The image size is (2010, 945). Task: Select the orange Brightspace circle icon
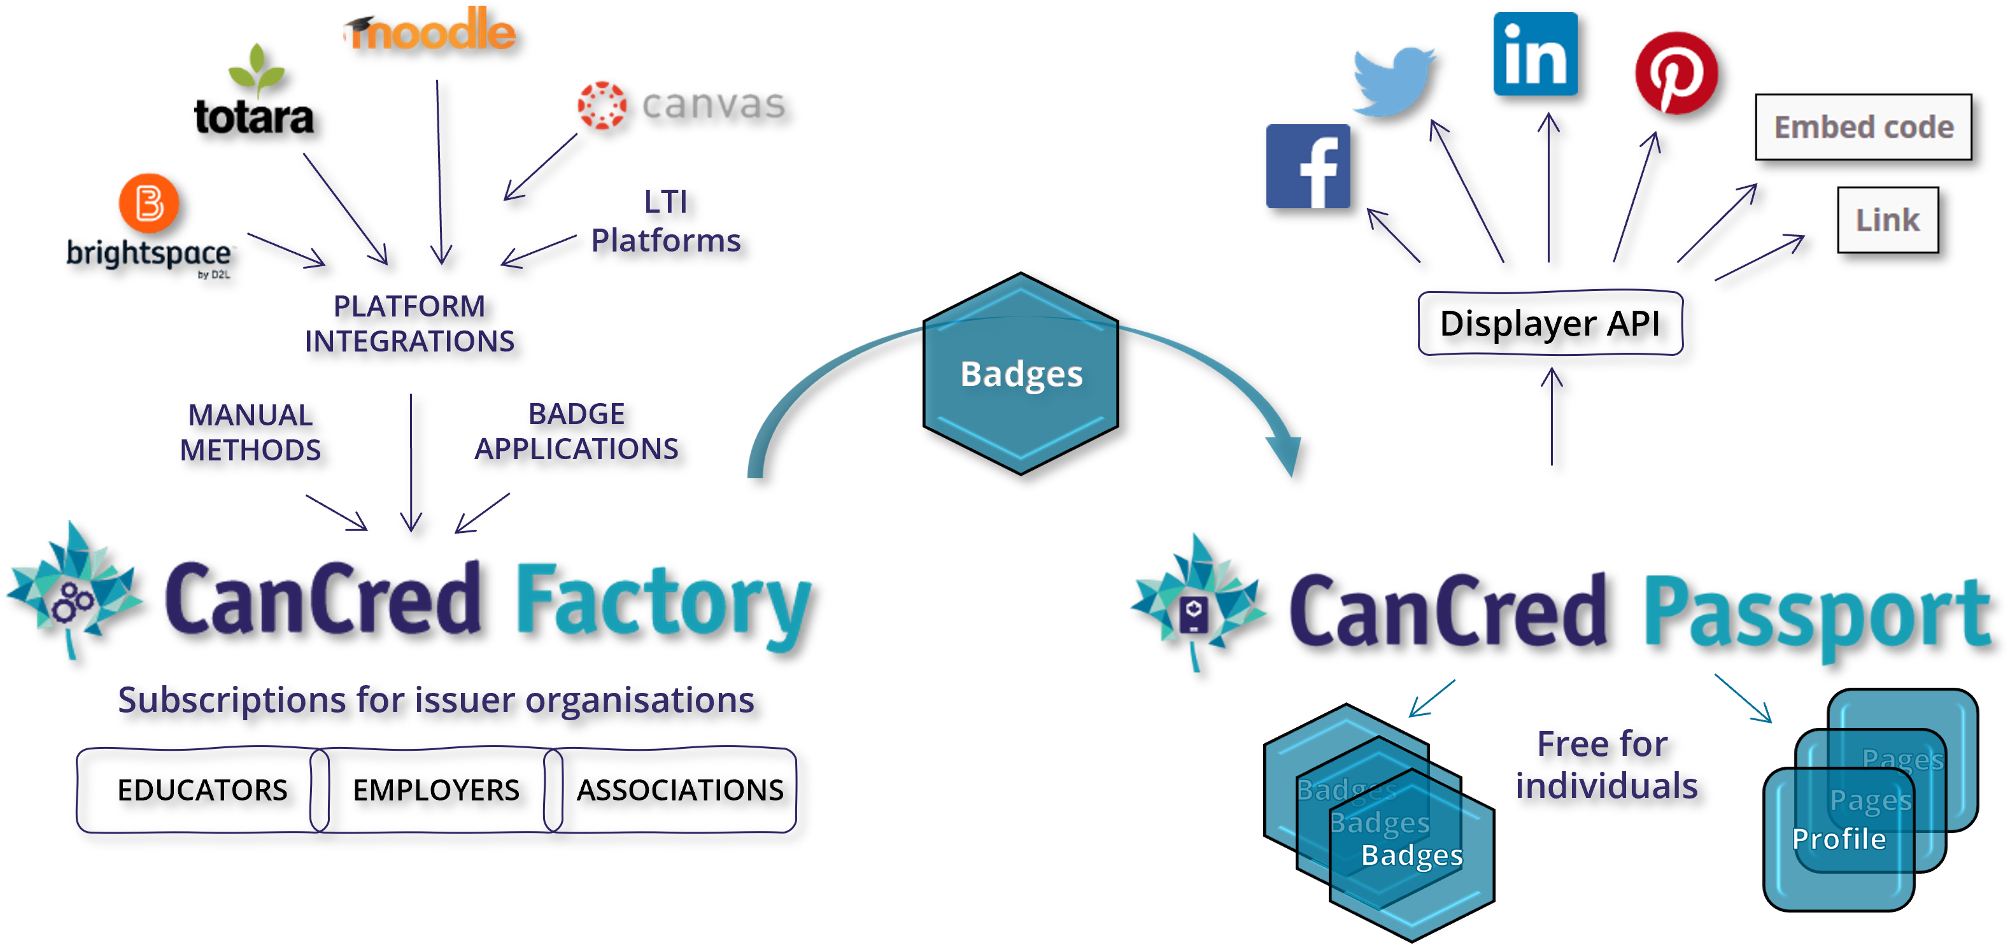(x=148, y=203)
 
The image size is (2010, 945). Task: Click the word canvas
(x=712, y=104)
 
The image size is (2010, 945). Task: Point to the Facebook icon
(x=1308, y=166)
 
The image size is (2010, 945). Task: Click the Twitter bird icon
(x=1393, y=80)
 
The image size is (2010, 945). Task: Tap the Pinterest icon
(x=1676, y=73)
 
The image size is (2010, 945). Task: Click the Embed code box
(x=1864, y=127)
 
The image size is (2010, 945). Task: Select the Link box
(x=1888, y=220)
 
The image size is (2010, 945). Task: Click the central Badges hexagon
(x=1021, y=374)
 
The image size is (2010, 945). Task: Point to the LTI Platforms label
(x=665, y=222)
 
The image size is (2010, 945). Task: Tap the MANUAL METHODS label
(x=250, y=432)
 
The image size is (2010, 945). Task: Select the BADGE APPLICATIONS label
(x=577, y=432)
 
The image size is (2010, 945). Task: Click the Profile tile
(x=1838, y=839)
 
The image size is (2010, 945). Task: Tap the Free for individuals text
(x=1606, y=765)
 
